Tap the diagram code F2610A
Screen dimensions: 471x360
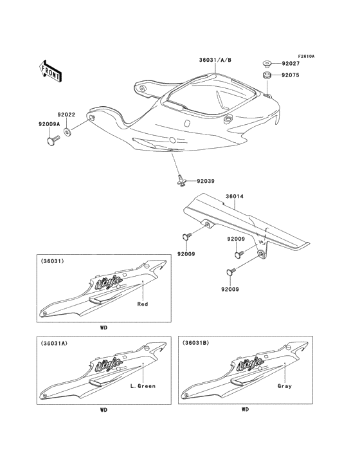(305, 57)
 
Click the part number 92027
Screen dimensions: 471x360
(290, 64)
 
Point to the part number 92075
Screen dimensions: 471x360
(290, 76)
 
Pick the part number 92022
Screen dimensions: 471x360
(67, 115)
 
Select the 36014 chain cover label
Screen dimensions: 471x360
(234, 198)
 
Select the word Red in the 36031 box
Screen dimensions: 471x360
(143, 304)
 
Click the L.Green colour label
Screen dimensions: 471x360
(142, 386)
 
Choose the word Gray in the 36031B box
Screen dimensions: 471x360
(285, 386)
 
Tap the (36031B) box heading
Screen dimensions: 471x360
(196, 344)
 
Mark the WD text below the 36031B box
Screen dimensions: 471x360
(246, 409)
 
